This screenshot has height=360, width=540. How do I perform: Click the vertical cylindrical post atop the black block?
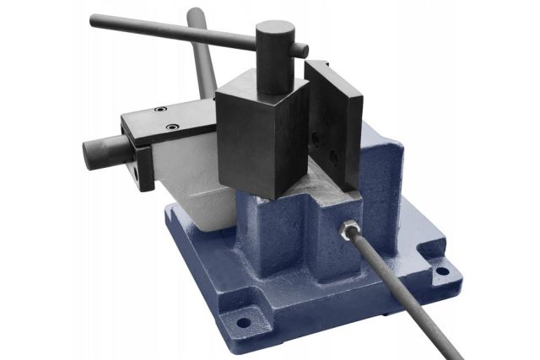[275, 55]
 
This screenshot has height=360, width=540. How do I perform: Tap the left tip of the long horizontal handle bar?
[95, 19]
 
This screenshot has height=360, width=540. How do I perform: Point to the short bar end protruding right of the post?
[301, 51]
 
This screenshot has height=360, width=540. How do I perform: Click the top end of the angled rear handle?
[195, 15]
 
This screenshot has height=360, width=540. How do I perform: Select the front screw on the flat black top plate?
[173, 126]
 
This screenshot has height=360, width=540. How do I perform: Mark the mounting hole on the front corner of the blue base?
[244, 321]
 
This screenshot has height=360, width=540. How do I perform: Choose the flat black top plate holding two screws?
[169, 118]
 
